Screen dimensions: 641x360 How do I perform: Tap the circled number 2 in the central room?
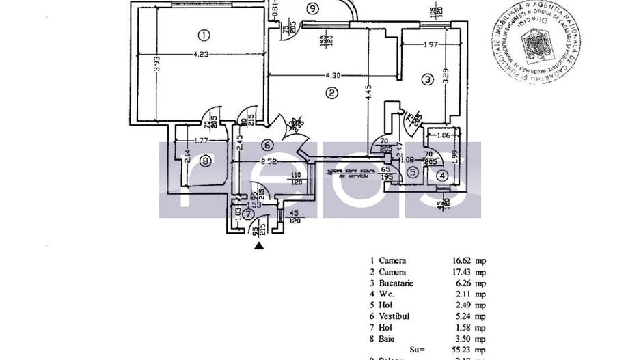(x=331, y=93)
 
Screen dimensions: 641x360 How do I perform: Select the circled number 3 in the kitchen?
(x=427, y=80)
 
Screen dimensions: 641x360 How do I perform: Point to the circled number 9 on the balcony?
(x=312, y=9)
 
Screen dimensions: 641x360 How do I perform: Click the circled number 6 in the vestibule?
(x=267, y=145)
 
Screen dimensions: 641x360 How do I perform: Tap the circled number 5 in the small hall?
(x=413, y=172)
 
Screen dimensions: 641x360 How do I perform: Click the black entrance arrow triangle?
(x=258, y=247)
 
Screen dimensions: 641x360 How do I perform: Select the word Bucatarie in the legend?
(x=396, y=283)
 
